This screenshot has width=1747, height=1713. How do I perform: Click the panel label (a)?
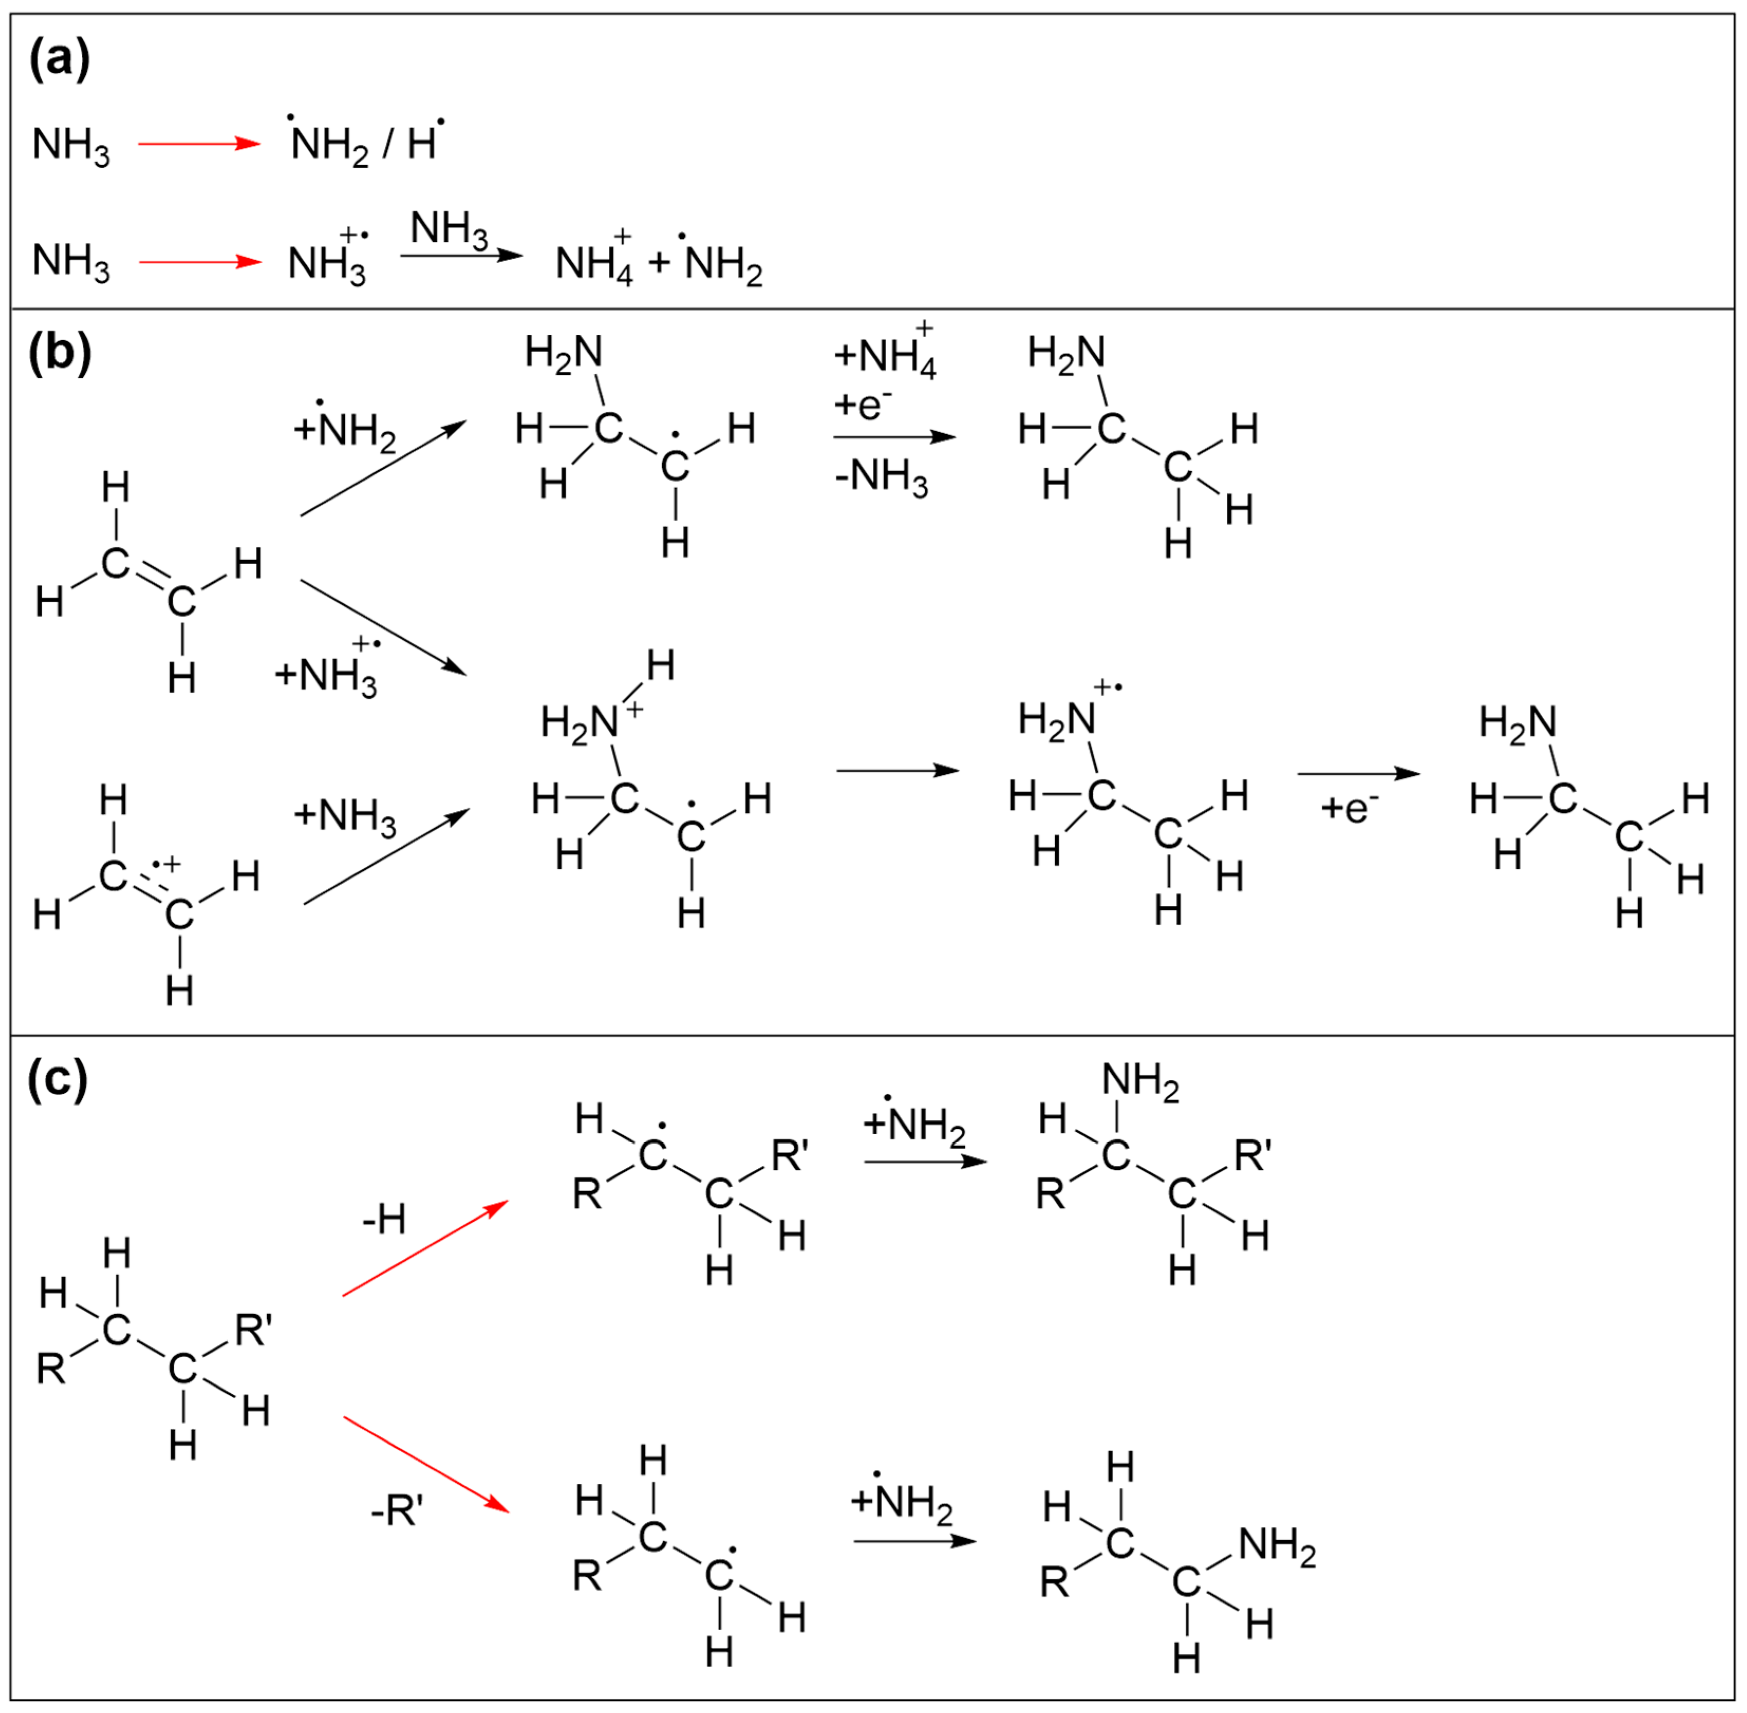(x=59, y=61)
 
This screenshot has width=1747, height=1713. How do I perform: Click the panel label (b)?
(x=59, y=353)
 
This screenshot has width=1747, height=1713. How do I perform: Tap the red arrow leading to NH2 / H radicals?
(x=199, y=144)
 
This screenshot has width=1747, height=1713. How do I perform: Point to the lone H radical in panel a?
(x=424, y=142)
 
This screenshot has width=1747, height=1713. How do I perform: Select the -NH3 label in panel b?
(x=881, y=477)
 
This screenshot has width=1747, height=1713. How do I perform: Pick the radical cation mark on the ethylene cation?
(x=165, y=865)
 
